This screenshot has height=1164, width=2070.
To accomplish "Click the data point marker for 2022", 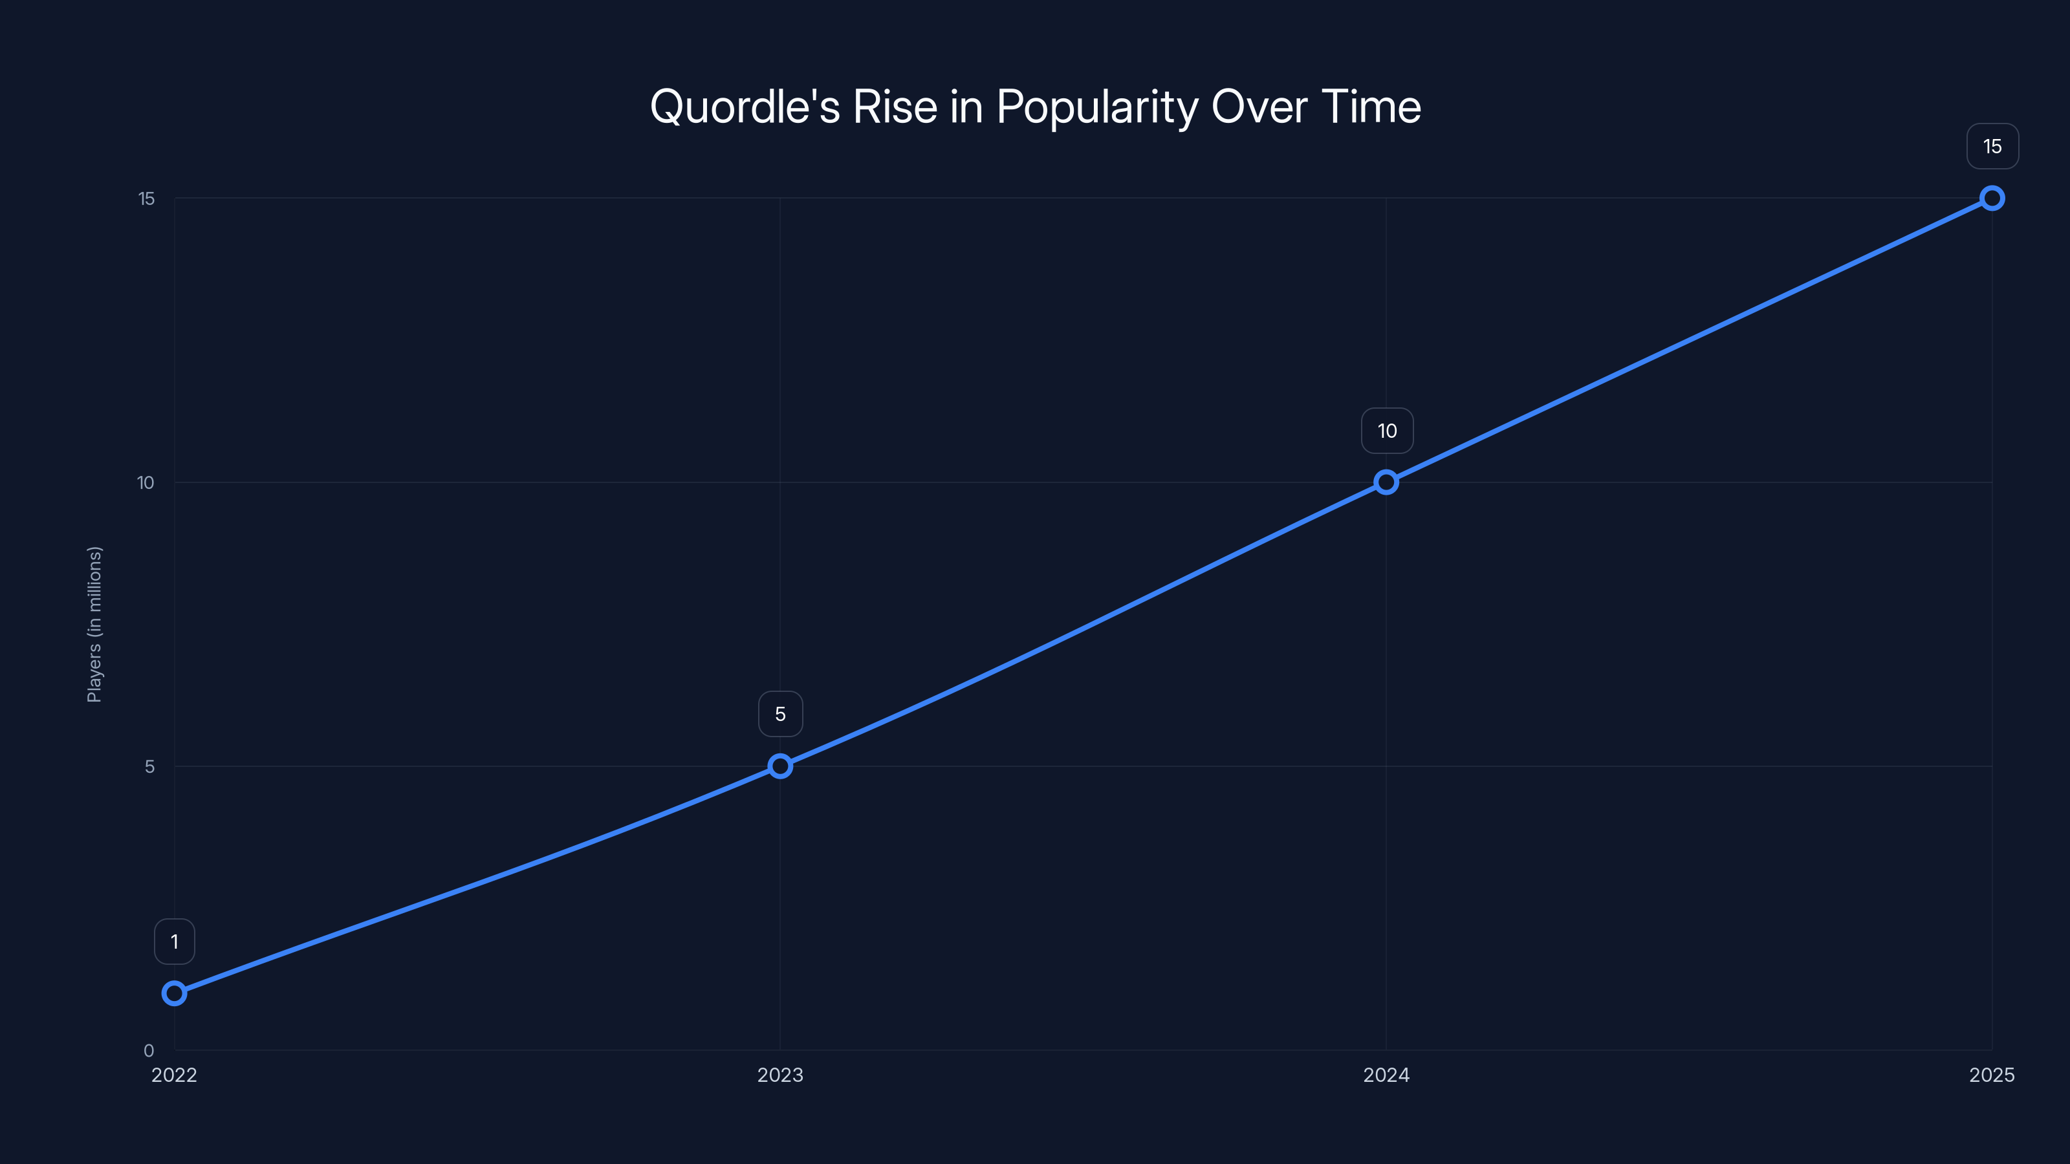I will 175,994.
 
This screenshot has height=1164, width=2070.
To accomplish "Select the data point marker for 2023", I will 779,766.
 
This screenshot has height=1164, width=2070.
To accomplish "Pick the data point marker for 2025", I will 1992,199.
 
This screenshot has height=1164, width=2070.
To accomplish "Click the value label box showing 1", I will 175,942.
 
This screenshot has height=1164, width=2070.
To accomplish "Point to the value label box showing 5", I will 780,714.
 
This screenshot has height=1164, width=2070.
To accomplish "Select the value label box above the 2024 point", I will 1387,431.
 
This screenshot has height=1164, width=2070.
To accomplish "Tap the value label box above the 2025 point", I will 1992,146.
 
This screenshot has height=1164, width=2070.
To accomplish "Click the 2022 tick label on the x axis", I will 175,1075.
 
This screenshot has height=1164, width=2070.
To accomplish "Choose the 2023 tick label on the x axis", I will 780,1075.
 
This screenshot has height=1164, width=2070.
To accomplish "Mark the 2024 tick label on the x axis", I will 1386,1075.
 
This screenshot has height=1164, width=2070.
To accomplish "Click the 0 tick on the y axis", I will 149,1051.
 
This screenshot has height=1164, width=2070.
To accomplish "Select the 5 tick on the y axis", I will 149,766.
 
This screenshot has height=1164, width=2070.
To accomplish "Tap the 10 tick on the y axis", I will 146,483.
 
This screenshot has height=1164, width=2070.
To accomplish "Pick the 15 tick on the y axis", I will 146,199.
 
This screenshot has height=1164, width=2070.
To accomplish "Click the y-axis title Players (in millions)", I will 95,624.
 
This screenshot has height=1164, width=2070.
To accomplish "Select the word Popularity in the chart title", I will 1097,107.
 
